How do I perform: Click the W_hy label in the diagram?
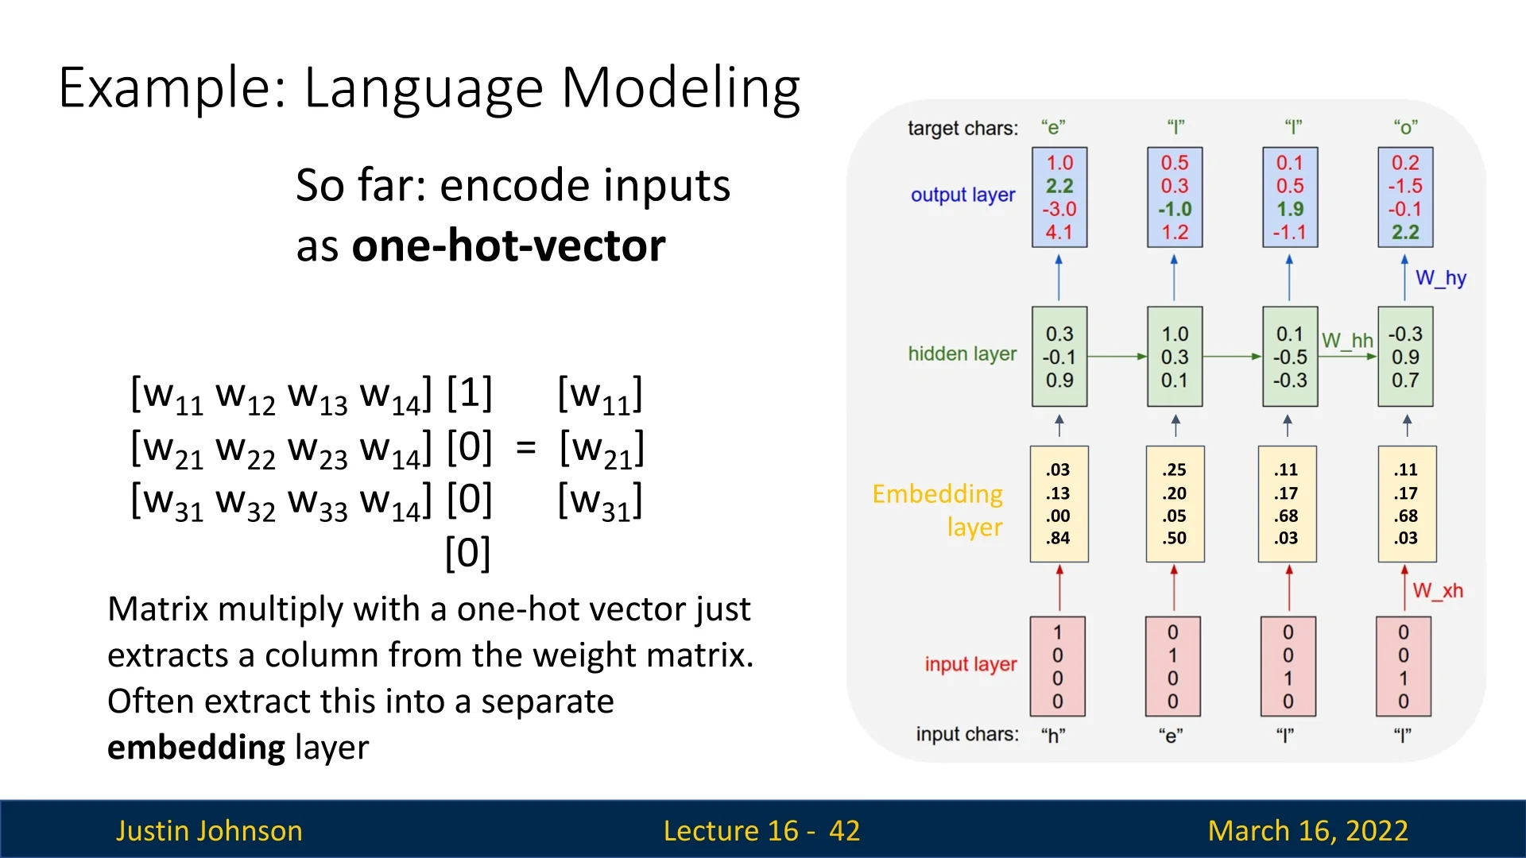click(x=1440, y=278)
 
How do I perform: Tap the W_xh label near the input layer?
click(x=1437, y=591)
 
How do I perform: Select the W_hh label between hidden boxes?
click(x=1347, y=341)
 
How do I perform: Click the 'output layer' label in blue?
click(x=962, y=195)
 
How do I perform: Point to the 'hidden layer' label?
click(x=962, y=354)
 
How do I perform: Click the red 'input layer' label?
click(x=970, y=664)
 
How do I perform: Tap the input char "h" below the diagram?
click(x=1053, y=736)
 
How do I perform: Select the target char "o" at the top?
click(x=1405, y=127)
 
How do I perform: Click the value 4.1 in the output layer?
click(x=1059, y=233)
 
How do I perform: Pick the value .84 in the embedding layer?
click(x=1058, y=539)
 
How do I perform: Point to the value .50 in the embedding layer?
click(x=1174, y=539)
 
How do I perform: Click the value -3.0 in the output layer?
click(x=1059, y=210)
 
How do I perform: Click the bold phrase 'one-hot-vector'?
click(x=509, y=245)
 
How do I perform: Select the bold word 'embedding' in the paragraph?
click(x=196, y=748)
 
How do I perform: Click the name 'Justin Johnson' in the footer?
click(x=209, y=830)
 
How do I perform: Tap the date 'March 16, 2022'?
click(x=1307, y=830)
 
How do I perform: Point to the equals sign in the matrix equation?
click(x=525, y=448)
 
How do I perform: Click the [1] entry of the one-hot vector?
click(x=469, y=394)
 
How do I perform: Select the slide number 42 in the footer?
click(x=844, y=830)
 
